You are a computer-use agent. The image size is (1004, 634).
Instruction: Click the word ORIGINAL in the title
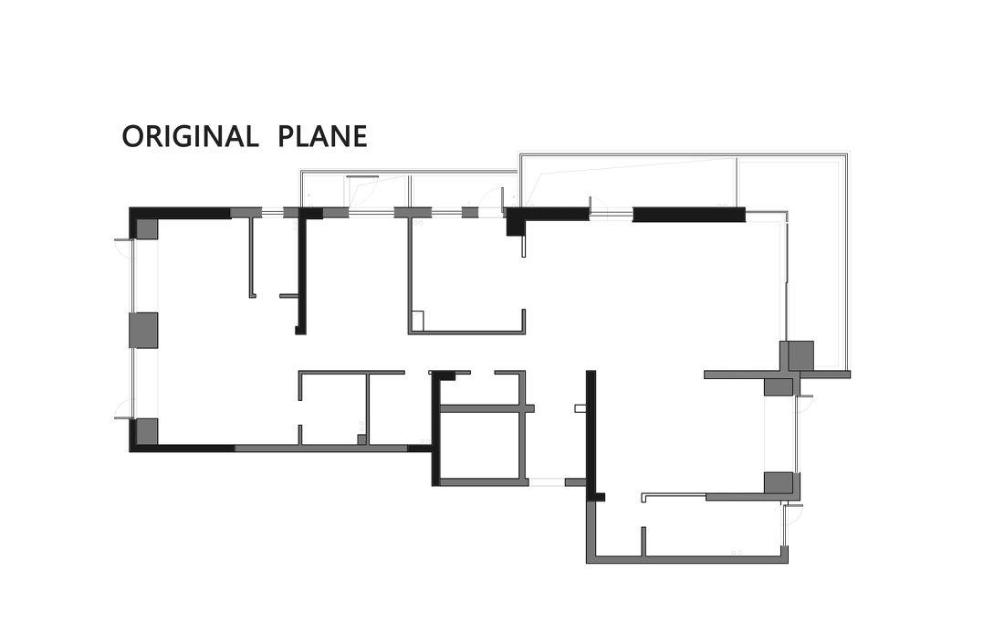190,136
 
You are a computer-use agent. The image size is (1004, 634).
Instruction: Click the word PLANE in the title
322,136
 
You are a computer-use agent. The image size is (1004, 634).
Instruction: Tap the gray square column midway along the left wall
143,330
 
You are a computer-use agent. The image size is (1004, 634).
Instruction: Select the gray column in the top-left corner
147,229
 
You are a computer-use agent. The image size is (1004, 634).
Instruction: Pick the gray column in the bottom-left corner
147,431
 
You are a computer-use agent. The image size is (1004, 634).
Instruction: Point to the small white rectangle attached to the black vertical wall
580,407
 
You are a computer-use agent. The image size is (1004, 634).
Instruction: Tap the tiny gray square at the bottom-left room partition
361,439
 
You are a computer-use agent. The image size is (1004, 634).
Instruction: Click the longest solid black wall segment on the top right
689,214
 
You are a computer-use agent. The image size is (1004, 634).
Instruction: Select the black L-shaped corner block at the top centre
515,221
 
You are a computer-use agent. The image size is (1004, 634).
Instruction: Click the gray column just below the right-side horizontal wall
779,387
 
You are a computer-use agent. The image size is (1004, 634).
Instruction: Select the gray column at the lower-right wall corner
779,482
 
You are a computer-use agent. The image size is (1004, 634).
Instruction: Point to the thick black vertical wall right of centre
591,432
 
